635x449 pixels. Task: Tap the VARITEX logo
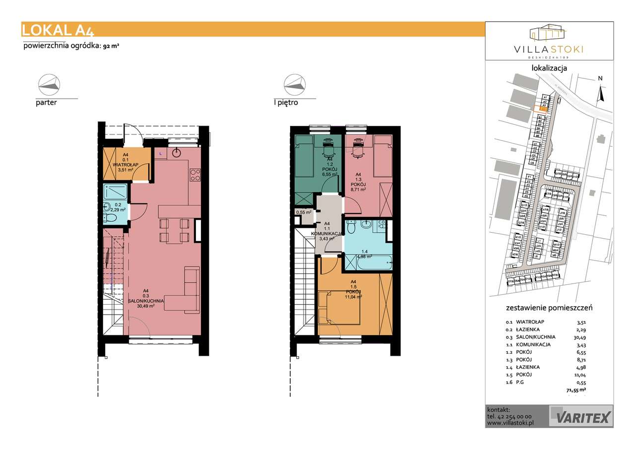click(581, 415)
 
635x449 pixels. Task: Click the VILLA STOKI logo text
click(549, 49)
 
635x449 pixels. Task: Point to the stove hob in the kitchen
click(195, 175)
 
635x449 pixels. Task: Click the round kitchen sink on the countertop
click(178, 152)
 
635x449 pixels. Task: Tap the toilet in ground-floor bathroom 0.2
click(112, 217)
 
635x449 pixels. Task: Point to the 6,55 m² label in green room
click(329, 174)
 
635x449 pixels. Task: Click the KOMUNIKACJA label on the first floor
click(325, 233)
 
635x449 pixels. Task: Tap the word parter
click(46, 103)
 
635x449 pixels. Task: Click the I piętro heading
click(286, 103)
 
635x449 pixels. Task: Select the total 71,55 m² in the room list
click(575, 390)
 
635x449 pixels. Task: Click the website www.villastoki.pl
click(510, 423)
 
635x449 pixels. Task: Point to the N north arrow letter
click(600, 78)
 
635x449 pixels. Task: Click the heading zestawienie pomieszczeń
click(549, 308)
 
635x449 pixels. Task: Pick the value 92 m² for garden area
click(111, 46)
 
